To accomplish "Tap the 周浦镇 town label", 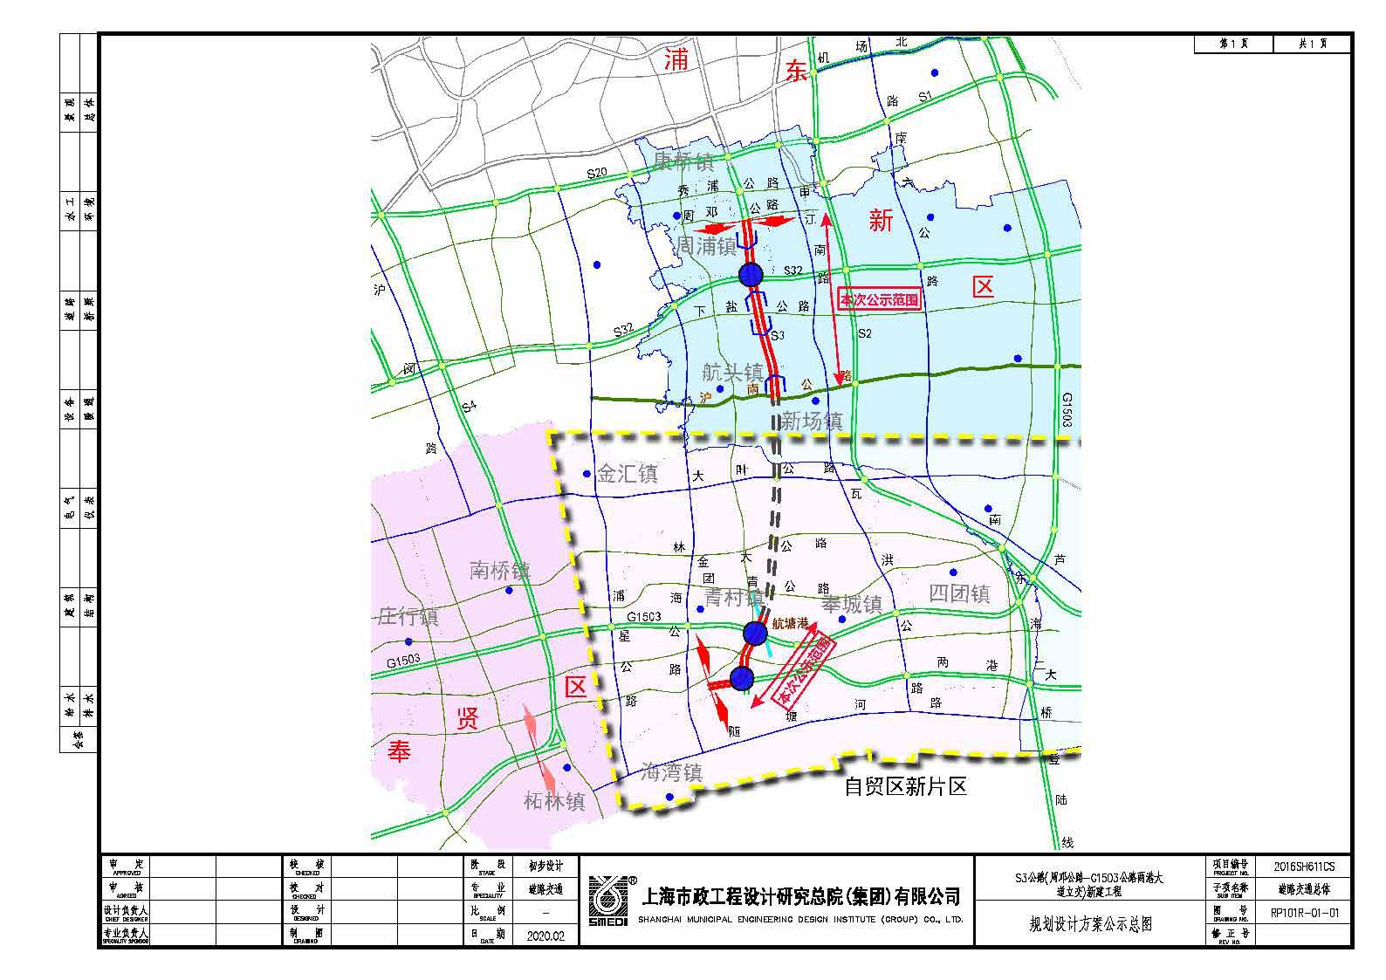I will coord(707,246).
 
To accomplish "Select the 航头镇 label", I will coord(732,373).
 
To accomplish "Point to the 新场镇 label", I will coord(812,421).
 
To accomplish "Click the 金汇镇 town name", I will coord(628,474).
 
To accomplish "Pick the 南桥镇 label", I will coord(500,572).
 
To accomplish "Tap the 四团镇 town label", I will coord(959,594).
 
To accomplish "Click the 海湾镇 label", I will coord(671,772).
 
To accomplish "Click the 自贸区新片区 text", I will coord(906,786).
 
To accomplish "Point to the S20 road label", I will coord(597,173).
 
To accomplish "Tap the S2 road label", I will coord(864,333).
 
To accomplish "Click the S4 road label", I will coord(470,406).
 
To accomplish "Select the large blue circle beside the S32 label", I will coord(751,275).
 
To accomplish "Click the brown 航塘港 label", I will coord(791,625).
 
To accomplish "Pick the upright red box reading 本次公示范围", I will coord(879,299).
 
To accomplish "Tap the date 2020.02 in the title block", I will coord(545,935).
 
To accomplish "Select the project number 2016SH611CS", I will coord(1304,867).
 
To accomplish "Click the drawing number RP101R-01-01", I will coord(1304,913).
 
